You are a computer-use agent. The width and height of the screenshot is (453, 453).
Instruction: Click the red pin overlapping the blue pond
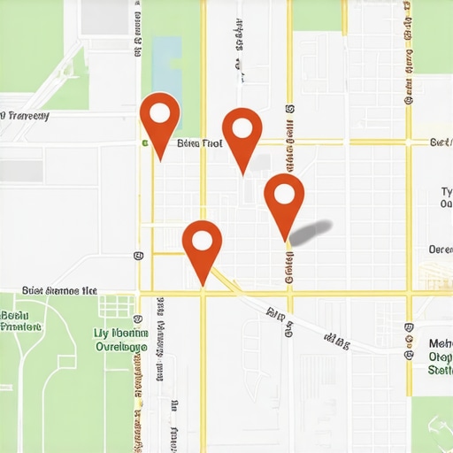[160, 114]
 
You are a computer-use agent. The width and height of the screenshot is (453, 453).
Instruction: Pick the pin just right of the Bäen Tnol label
[242, 130]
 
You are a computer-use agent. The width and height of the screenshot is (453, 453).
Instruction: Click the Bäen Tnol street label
[200, 142]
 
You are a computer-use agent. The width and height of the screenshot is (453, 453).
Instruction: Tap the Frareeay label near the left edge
[25, 116]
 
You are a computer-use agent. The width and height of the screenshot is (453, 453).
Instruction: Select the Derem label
[440, 250]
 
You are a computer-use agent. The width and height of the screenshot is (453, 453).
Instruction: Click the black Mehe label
[440, 343]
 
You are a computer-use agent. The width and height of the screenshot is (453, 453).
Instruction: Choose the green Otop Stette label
[440, 364]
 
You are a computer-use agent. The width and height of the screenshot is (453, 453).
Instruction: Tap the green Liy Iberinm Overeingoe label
[120, 340]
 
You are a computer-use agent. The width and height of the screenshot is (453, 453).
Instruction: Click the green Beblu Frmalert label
[21, 320]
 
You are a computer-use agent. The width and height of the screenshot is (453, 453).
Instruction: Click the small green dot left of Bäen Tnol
[143, 142]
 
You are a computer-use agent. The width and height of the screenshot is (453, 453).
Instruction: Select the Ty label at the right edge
[446, 192]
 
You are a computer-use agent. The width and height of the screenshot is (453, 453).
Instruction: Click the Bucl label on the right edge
[441, 142]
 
